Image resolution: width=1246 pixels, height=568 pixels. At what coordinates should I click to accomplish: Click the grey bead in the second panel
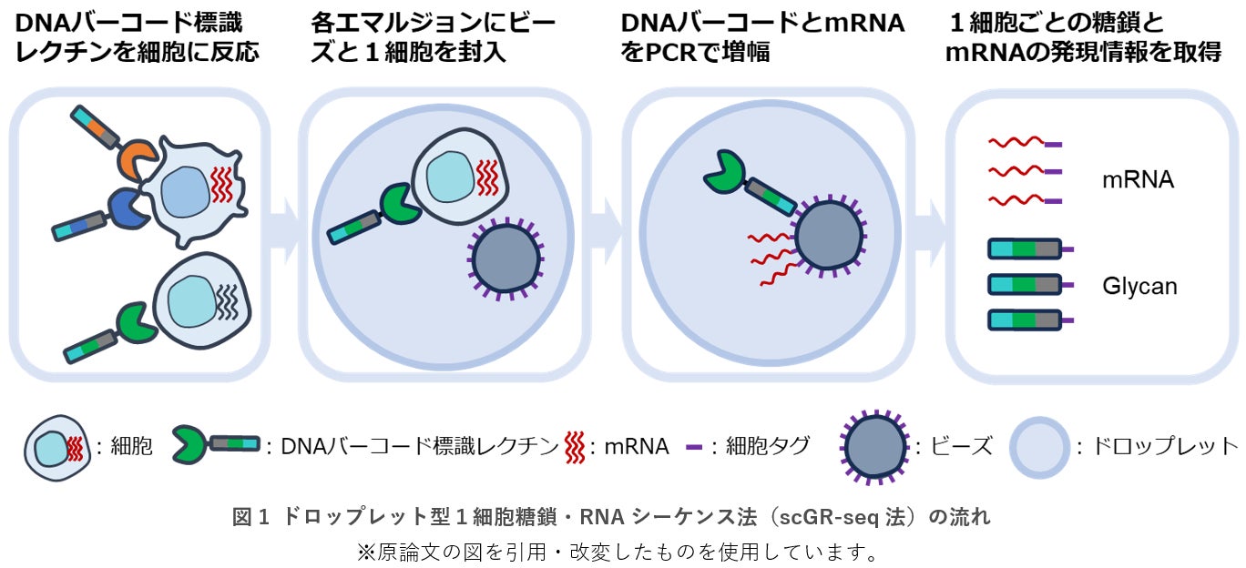(x=507, y=259)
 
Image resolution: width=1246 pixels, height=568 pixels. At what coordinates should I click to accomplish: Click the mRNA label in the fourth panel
(x=1138, y=180)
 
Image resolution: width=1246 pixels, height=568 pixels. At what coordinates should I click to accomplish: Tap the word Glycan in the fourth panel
(x=1139, y=287)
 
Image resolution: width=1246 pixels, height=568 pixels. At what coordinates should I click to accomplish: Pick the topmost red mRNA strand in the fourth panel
(x=1016, y=144)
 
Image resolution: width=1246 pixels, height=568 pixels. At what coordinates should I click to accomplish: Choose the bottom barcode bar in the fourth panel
(x=1025, y=319)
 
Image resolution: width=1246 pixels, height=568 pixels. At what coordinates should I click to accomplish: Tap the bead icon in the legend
(x=875, y=446)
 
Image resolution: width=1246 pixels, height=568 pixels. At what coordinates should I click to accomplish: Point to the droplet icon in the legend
(x=1038, y=447)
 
